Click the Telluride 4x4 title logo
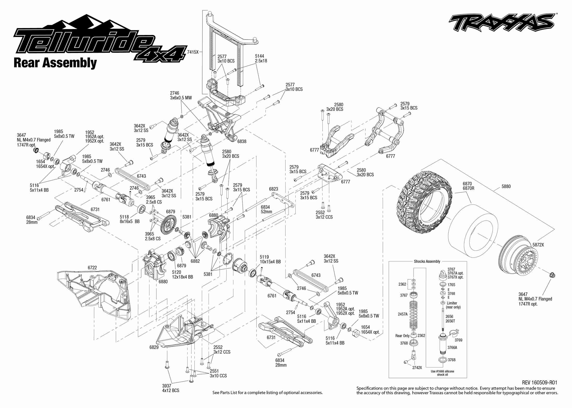tap(98, 41)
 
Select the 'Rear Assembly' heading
tap(55, 63)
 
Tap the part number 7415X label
tap(193, 52)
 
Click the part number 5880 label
tap(506, 186)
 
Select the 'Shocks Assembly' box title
tap(427, 261)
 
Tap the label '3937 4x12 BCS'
tap(170, 388)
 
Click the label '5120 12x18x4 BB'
tap(182, 274)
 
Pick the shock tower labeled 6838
tap(221, 121)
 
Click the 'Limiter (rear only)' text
tap(453, 305)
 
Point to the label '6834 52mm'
tap(266, 209)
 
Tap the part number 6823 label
tap(273, 189)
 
